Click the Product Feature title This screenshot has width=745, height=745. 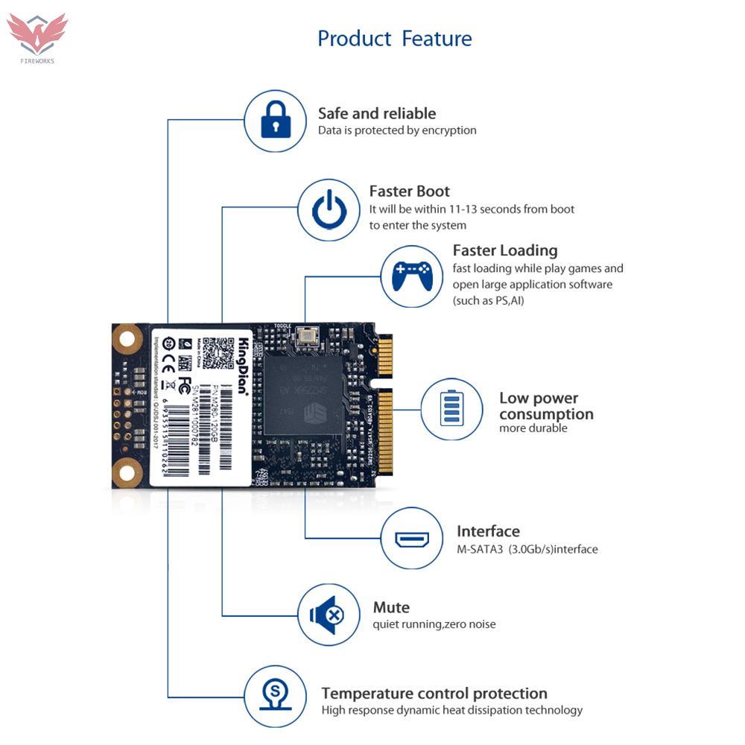coord(394,39)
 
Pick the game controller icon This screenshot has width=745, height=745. coord(412,276)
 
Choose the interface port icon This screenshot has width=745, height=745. coord(412,539)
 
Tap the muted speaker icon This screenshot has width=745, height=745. coord(329,615)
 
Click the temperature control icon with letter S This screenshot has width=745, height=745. coord(276,697)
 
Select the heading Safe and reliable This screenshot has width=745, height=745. coord(377,113)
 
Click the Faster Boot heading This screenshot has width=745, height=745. coord(410,191)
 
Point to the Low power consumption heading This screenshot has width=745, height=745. coord(546,406)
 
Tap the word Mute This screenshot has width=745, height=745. coord(391,607)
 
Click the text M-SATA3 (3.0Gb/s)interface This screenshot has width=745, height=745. coord(527,550)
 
